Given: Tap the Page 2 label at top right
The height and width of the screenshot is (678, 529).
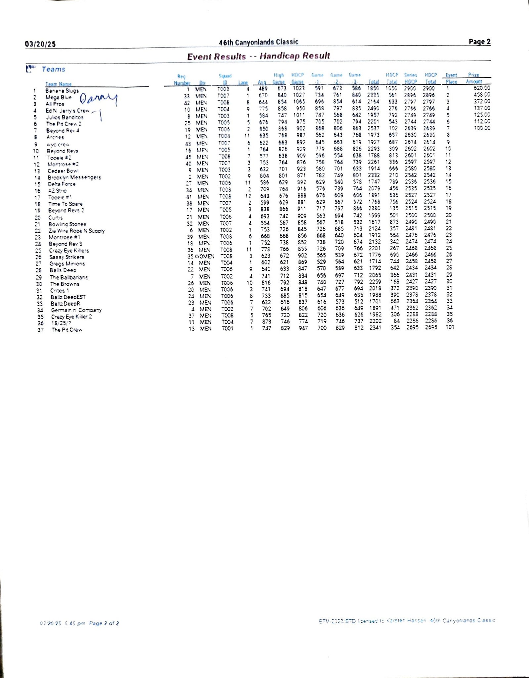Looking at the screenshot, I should tap(479, 42).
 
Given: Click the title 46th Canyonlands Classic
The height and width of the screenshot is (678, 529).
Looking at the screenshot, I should tap(258, 42).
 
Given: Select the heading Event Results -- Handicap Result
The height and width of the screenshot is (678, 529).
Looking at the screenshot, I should tap(258, 56).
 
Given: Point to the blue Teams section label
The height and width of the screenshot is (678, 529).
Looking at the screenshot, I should tap(53, 70).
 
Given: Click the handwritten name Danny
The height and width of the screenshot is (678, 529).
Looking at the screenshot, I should tap(98, 98).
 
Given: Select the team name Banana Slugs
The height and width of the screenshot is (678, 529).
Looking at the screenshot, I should tap(62, 91).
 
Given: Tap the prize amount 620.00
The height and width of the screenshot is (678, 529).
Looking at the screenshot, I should tap(482, 88).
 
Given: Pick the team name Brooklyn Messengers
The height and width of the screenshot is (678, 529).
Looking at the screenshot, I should tap(74, 177).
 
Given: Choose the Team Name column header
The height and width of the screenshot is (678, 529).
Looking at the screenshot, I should tap(58, 84).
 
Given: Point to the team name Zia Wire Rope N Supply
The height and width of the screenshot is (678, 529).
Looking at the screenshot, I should tap(76, 231).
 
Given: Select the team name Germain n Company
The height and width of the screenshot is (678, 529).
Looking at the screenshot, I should tap(76, 310).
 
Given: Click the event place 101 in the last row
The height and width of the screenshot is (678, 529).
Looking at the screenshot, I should tap(450, 327).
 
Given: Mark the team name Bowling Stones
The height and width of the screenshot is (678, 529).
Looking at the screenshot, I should tap(67, 224).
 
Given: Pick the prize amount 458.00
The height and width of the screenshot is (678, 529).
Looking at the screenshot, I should tap(482, 95).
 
